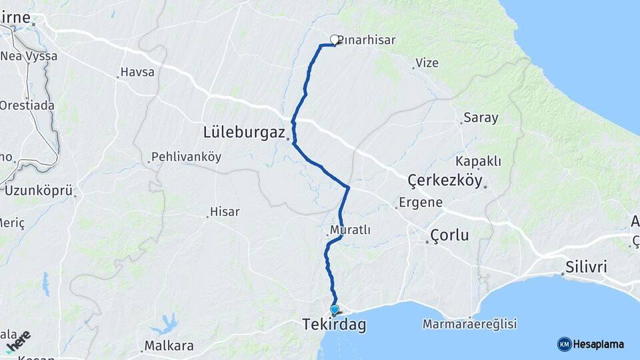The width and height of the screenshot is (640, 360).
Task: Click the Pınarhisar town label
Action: [367, 40]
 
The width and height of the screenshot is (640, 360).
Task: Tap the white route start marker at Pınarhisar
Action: [335, 39]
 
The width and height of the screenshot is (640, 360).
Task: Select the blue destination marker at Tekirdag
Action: [335, 309]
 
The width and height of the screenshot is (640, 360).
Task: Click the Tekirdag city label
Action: [333, 325]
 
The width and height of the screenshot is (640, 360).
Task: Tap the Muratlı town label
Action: [350, 230]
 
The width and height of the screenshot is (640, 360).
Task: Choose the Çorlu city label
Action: [450, 235]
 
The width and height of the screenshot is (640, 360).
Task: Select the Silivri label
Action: [586, 267]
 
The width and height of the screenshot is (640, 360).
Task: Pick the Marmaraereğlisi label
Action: [470, 325]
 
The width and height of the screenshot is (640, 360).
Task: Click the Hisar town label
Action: [225, 211]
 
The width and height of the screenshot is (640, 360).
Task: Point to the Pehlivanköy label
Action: [187, 157]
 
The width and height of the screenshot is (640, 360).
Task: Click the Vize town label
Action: [427, 63]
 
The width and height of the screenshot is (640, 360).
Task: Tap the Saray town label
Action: [481, 118]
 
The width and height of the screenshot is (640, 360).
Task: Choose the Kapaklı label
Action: [478, 161]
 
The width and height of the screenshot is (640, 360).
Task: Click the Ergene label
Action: [421, 202]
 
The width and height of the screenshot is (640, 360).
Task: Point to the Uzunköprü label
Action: [39, 191]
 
